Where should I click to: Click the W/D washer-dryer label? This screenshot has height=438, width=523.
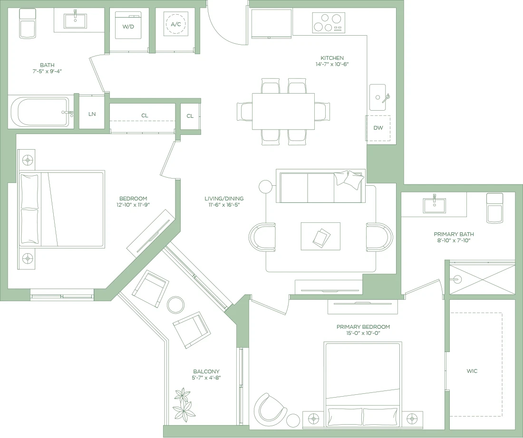[128, 27]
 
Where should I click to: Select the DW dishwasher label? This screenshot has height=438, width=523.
[378, 128]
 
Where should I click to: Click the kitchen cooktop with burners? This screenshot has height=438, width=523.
[329, 23]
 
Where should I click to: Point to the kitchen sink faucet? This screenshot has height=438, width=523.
[386, 98]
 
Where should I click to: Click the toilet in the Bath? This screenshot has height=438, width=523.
[28, 23]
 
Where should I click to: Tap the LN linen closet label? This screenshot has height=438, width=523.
[92, 114]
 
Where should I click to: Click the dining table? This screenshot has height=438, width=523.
[283, 111]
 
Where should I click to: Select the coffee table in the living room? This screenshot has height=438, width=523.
[320, 236]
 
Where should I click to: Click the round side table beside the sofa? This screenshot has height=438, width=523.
[265, 187]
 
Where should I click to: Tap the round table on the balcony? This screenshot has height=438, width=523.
[175, 305]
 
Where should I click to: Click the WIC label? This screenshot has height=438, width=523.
[472, 371]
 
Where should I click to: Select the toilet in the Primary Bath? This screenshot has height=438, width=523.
[494, 208]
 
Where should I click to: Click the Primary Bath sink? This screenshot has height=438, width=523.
[434, 205]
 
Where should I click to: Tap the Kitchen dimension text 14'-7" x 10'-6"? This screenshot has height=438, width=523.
[332, 64]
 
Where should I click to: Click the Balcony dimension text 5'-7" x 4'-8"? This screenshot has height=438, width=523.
[206, 378]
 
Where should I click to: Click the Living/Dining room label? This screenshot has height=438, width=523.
[224, 199]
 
